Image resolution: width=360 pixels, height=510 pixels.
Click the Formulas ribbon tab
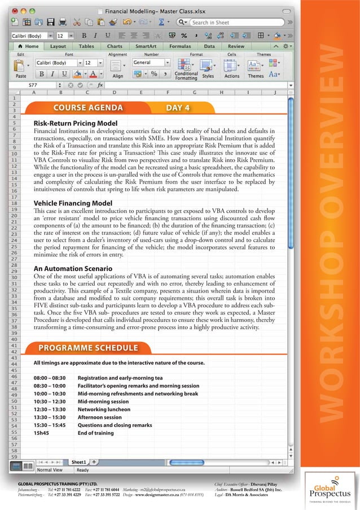180,46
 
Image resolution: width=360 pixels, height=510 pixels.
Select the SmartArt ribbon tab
146,46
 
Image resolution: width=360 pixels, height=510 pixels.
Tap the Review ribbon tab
236,46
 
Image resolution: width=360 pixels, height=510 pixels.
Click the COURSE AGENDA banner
87,108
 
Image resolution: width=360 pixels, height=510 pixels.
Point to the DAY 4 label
178,108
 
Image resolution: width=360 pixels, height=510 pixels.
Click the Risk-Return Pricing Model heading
76,123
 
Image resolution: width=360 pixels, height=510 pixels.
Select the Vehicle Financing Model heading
73,203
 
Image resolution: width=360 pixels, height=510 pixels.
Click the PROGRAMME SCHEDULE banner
87,347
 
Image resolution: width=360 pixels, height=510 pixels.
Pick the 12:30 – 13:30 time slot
50,409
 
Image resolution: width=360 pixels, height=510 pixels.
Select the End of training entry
96,433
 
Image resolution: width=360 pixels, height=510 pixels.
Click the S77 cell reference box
34,85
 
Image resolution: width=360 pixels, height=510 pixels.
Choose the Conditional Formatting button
186,70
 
